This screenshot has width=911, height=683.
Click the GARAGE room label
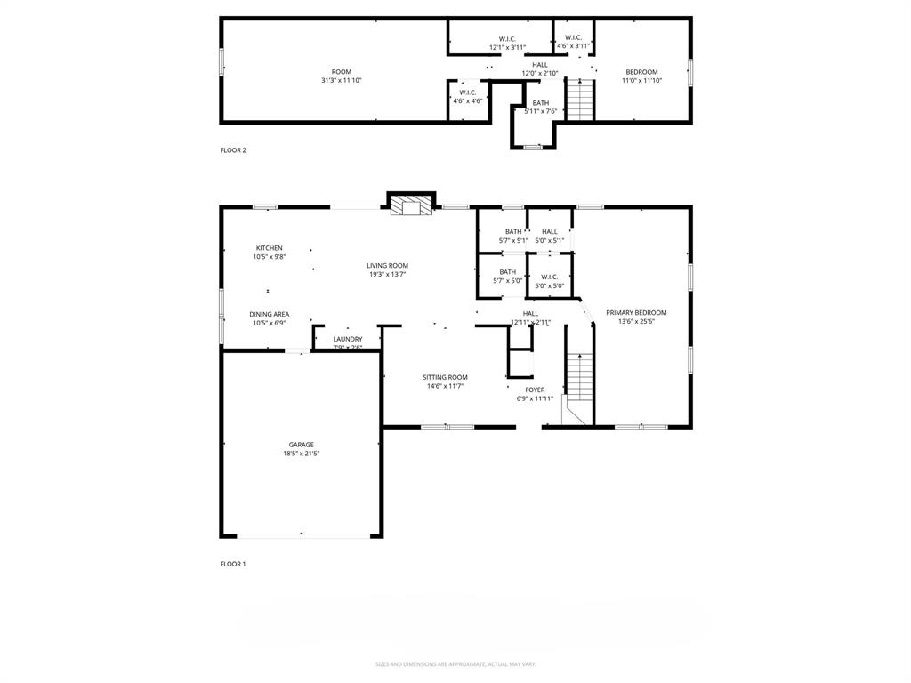[x=301, y=445]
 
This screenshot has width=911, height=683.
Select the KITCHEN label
[x=269, y=248]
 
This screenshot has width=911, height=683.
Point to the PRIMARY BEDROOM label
[x=636, y=313]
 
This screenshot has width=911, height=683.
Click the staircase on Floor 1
[x=579, y=377]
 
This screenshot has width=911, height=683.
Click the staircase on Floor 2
[x=579, y=99]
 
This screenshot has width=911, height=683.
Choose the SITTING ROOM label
[x=445, y=377]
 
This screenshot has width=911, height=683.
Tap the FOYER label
[x=535, y=390]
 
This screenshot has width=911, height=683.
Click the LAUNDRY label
[x=347, y=339]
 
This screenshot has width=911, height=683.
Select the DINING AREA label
[x=269, y=314]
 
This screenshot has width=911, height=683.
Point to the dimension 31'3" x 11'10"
[x=342, y=81]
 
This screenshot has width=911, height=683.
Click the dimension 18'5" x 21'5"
[x=301, y=454]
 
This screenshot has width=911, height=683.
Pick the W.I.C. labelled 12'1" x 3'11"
[x=507, y=39]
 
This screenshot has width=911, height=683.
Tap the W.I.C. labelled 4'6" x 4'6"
[x=468, y=92]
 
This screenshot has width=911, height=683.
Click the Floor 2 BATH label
[x=541, y=103]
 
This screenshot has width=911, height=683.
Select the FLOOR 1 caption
[x=233, y=564]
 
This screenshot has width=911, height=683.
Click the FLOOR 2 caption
[x=233, y=150]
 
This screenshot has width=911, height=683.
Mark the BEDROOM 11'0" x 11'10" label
[x=641, y=72]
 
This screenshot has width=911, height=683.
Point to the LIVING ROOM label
[x=388, y=265]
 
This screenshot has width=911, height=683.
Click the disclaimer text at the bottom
[x=455, y=664]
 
